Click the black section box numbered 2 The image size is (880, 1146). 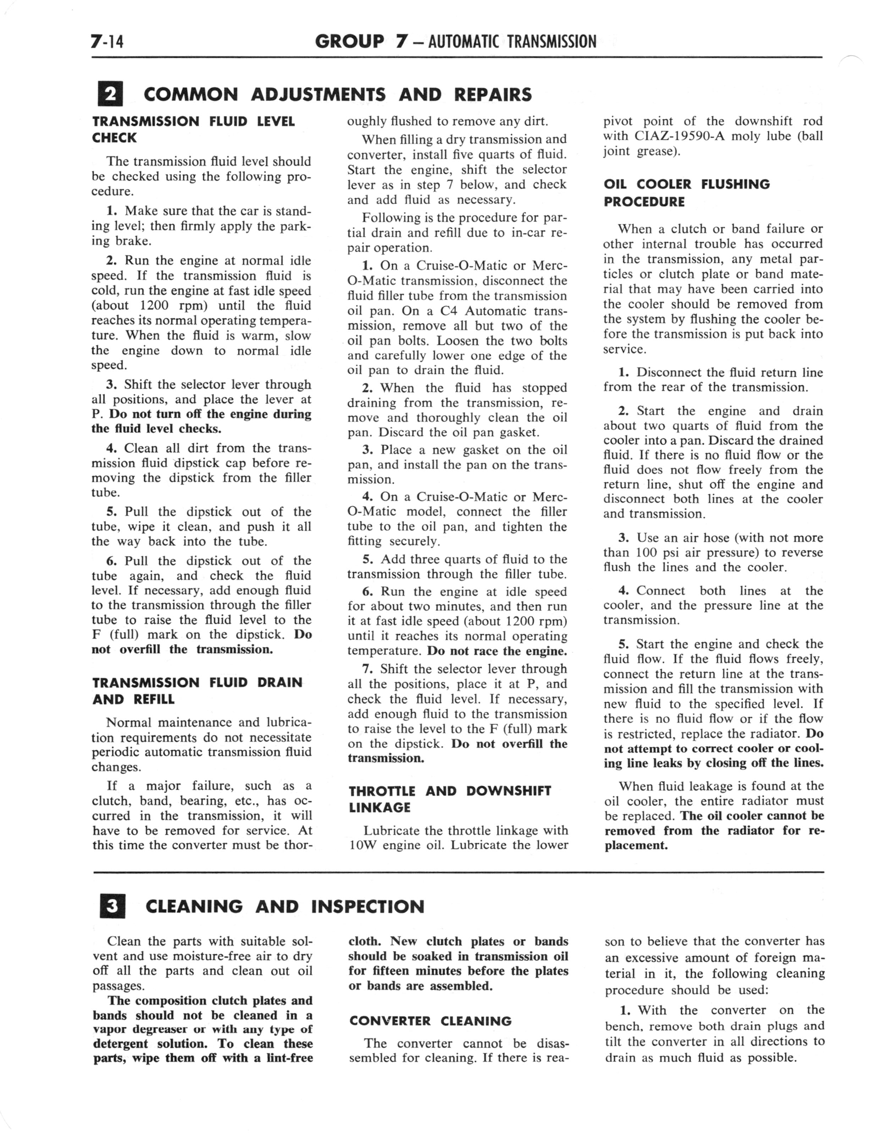click(x=110, y=95)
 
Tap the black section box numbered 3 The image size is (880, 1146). click(x=112, y=907)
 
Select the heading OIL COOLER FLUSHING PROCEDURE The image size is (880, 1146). click(x=686, y=193)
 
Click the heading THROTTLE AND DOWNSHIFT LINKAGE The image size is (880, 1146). click(x=450, y=799)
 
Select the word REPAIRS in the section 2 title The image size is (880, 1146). click(x=493, y=95)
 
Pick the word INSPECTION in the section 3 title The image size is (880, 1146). click(x=368, y=907)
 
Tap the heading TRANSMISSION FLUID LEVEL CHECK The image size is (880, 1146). click(x=193, y=130)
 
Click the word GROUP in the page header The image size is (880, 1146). click(x=350, y=42)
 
